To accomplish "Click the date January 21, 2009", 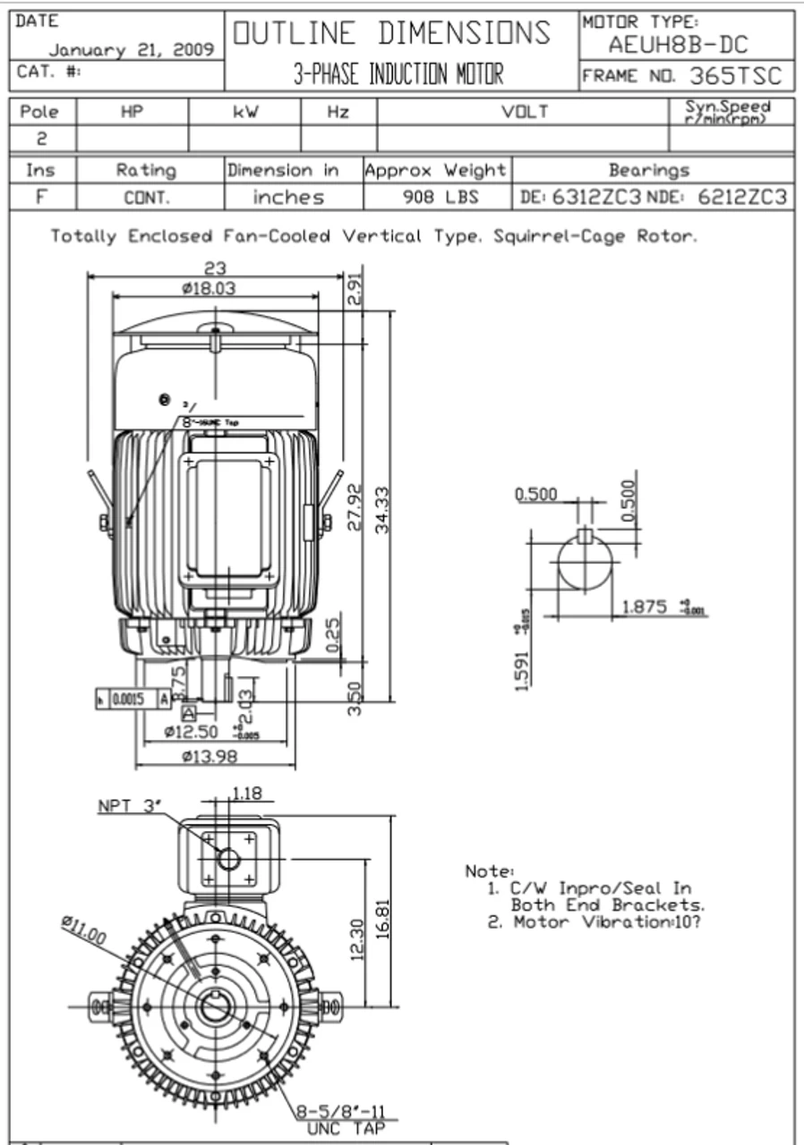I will [x=131, y=50].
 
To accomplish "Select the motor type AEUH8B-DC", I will [x=677, y=45].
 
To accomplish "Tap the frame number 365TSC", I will [x=735, y=76].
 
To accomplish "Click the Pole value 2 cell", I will [x=43, y=140].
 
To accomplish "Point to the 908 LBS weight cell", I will [x=435, y=197].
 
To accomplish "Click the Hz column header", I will [x=338, y=112].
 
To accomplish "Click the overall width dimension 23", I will [x=216, y=268].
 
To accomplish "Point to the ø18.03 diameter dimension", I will [x=210, y=287].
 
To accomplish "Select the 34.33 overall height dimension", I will [x=384, y=510].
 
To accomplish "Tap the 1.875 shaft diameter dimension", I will [x=644, y=607].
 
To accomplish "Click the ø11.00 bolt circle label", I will [x=83, y=929].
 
